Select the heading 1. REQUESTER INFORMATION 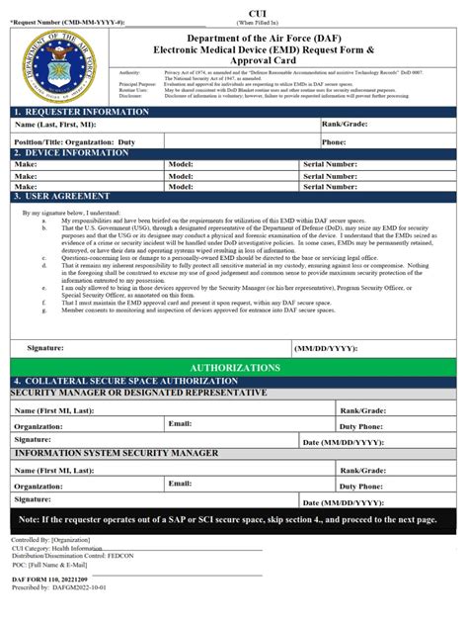(x=81, y=112)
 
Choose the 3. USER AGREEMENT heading (x=66, y=197)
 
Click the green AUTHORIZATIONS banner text (x=234, y=367)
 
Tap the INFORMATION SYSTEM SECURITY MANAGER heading (x=117, y=453)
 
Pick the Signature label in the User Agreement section (x=46, y=348)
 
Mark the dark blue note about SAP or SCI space (x=234, y=519)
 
